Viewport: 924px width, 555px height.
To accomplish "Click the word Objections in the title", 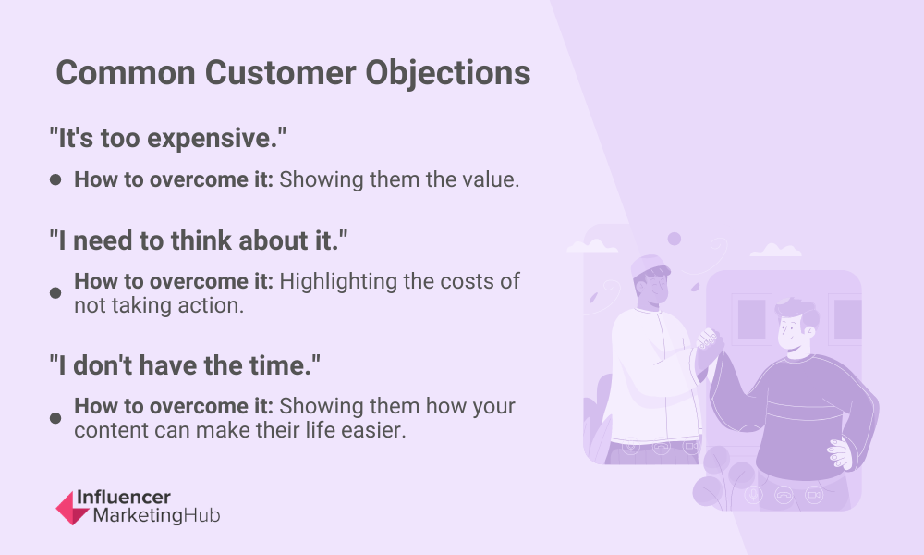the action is (448, 74).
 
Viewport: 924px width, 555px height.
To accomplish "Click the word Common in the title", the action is (126, 72).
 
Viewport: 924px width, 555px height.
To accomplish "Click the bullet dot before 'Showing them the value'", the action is (55, 179).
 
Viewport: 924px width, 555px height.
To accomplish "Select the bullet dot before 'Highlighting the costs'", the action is (55, 293).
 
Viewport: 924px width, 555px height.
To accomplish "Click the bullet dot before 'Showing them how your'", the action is (55, 418).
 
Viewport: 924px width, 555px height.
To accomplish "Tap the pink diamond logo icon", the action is (72, 508).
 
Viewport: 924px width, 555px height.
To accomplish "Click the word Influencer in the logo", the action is (124, 498).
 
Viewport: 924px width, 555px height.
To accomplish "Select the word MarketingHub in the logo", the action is (157, 515).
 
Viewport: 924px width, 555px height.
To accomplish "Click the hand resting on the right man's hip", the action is (839, 454).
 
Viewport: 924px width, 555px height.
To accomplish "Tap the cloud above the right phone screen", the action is (775, 250).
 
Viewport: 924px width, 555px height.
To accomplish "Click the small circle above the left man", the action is (675, 239).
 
